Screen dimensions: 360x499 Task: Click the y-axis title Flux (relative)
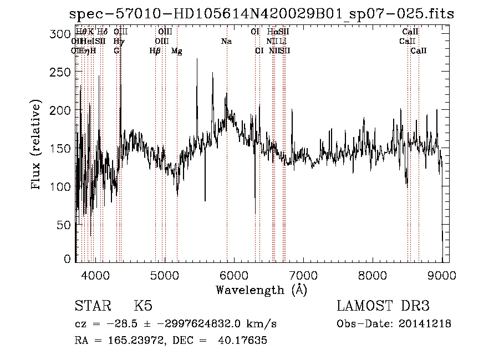click(x=37, y=146)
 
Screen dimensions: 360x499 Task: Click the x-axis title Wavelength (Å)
click(x=261, y=290)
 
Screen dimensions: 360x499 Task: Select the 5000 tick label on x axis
click(x=165, y=275)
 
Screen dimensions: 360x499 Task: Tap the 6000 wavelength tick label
click(x=234, y=275)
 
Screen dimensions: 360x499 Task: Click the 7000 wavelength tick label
click(x=303, y=275)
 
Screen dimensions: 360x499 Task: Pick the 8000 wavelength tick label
click(x=373, y=275)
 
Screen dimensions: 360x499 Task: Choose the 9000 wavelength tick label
click(x=442, y=275)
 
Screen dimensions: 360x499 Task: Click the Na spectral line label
click(x=226, y=42)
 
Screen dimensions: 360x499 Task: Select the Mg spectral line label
click(x=177, y=51)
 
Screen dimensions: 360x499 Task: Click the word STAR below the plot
click(x=93, y=306)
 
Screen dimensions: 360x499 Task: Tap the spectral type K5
click(x=142, y=306)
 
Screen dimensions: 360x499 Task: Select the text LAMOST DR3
click(x=383, y=306)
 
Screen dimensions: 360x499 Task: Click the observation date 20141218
click(x=426, y=324)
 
